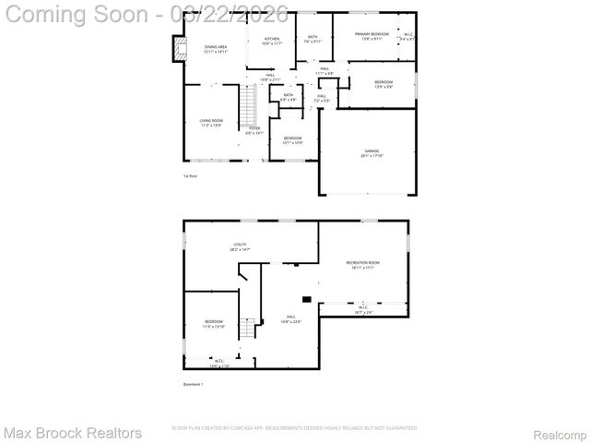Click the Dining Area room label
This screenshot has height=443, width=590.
(x=216, y=49)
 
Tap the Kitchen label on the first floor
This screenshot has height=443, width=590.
(x=270, y=41)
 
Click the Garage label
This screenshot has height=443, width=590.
(x=371, y=153)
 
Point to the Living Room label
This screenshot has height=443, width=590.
(x=211, y=123)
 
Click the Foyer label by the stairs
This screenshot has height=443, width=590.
(x=254, y=130)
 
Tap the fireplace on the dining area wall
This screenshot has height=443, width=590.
(x=178, y=47)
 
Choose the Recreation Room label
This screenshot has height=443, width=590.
(x=362, y=265)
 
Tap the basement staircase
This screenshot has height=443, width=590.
(x=246, y=328)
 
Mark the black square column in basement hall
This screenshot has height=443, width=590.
(x=306, y=298)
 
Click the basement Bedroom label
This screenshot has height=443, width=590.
(x=213, y=324)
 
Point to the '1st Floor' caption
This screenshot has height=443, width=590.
(x=191, y=175)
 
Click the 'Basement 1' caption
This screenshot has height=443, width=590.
(x=194, y=384)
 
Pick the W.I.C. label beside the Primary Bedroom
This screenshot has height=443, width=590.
(x=407, y=37)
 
